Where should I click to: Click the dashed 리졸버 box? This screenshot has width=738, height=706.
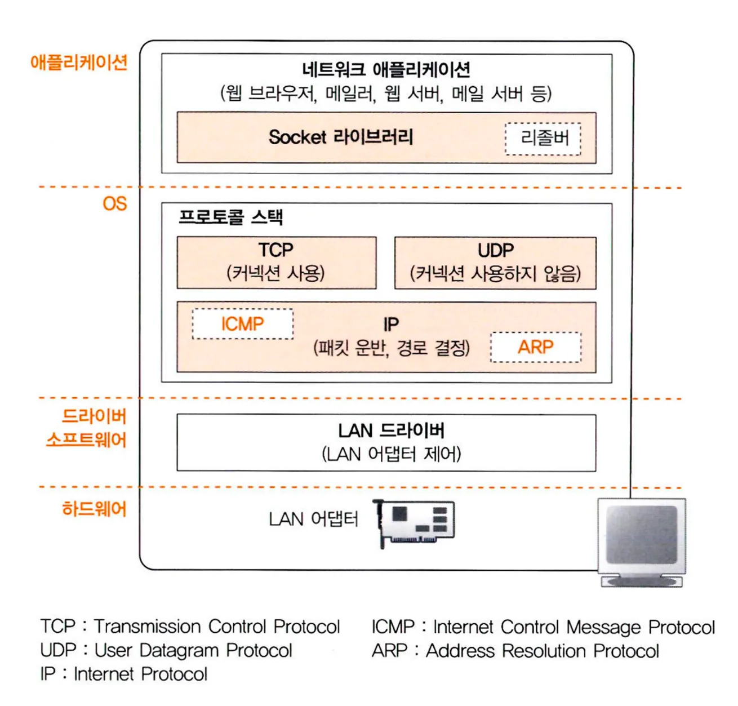tap(543, 139)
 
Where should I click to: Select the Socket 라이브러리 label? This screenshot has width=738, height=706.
tap(341, 137)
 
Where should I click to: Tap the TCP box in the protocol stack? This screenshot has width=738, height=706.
tap(276, 263)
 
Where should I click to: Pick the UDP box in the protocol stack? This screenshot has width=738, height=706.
tap(495, 263)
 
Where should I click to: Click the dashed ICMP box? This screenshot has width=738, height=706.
tap(242, 324)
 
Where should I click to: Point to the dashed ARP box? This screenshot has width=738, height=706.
tap(536, 347)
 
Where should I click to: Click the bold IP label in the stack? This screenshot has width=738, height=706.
tap(391, 325)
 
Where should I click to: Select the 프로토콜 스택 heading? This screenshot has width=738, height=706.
tap(230, 217)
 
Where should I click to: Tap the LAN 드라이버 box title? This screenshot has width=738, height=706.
tap(391, 431)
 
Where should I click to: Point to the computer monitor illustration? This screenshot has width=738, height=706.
tap(642, 541)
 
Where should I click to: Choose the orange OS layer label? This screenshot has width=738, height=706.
tap(115, 204)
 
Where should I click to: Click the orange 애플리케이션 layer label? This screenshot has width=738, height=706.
tap(79, 62)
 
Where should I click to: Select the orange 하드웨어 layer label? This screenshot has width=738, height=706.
tap(94, 509)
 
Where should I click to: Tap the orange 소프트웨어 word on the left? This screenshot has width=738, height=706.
tap(86, 440)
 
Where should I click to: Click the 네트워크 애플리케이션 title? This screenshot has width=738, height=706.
tap(386, 70)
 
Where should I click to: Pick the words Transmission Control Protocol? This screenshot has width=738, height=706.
tap(217, 627)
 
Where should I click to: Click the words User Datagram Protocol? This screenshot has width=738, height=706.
tap(193, 650)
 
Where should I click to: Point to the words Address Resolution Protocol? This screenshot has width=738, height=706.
tap(542, 651)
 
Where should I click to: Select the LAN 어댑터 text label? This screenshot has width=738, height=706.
tap(313, 519)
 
